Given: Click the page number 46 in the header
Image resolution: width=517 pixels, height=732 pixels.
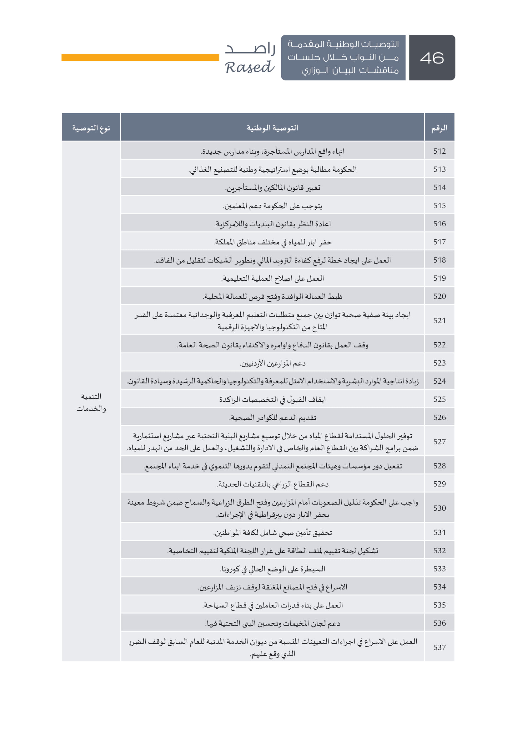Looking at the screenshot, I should (432, 58).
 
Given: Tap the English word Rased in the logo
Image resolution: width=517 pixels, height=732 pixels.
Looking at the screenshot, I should (249, 67).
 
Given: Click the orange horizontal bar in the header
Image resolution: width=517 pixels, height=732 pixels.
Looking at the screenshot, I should (140, 57).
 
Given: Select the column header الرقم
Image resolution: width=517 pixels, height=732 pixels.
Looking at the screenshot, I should (439, 128).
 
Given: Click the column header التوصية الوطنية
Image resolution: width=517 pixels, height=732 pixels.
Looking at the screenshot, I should (272, 128).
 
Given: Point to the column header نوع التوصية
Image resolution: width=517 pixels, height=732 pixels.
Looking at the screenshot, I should (91, 128).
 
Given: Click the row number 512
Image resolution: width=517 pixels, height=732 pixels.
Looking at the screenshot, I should (439, 151).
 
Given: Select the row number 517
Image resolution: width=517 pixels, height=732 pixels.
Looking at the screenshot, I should (439, 242).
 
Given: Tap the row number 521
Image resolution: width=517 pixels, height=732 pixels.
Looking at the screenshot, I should (439, 320).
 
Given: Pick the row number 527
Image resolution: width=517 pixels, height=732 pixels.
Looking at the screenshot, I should (439, 442).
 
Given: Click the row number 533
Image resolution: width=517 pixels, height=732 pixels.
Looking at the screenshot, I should (439, 569).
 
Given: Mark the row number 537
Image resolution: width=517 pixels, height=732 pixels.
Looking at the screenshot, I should (439, 647).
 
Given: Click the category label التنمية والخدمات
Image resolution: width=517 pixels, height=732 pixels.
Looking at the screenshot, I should (91, 402).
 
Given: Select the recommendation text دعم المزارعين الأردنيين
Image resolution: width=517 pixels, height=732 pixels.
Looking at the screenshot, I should (272, 363).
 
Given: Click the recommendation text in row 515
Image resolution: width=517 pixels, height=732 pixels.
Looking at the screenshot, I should (272, 206).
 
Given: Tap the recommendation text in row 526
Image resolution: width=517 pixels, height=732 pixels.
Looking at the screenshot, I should (272, 418).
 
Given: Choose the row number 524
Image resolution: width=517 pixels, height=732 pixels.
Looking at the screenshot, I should (439, 381).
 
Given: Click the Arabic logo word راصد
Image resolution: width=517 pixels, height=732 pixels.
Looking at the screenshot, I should (250, 48).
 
